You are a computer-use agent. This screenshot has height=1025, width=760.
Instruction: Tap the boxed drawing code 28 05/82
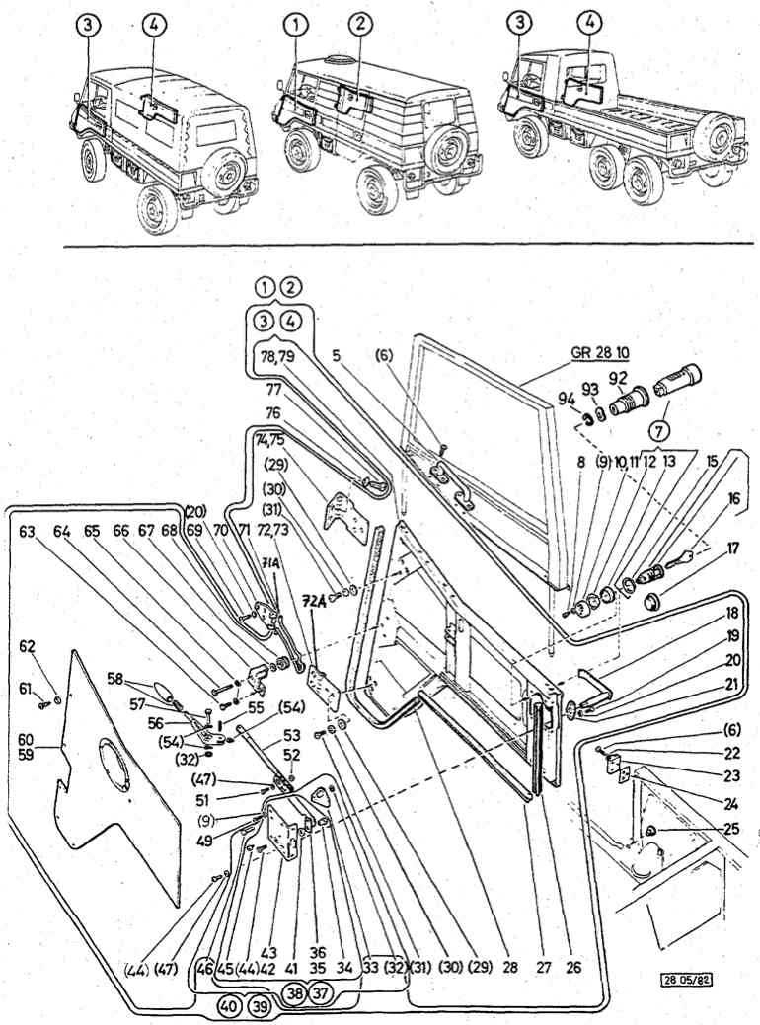[x=689, y=980]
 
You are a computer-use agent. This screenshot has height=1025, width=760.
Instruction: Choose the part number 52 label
[x=290, y=756]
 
